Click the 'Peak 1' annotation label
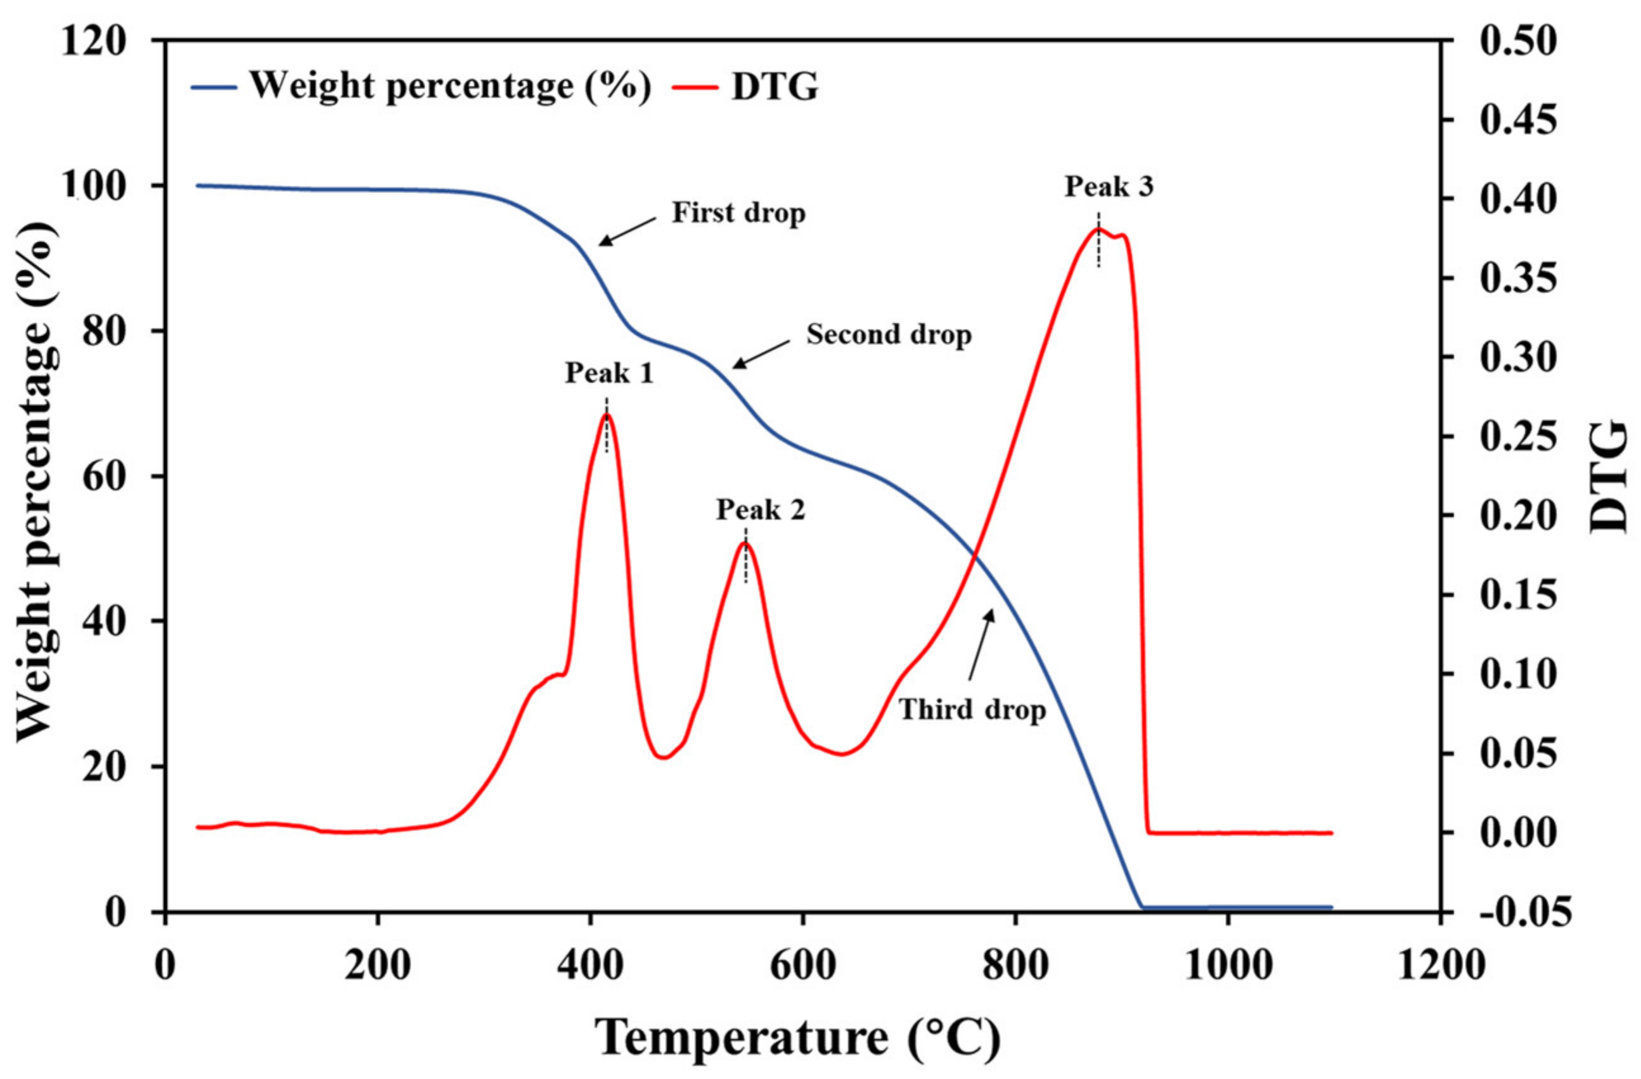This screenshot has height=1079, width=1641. tap(609, 373)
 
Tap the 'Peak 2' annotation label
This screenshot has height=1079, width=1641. tap(761, 510)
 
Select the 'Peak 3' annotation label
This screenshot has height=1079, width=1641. tap(1109, 186)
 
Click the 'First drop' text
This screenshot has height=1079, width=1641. tap(738, 213)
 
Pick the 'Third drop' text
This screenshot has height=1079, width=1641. tap(972, 709)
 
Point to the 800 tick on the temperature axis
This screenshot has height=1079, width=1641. tap(1015, 967)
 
